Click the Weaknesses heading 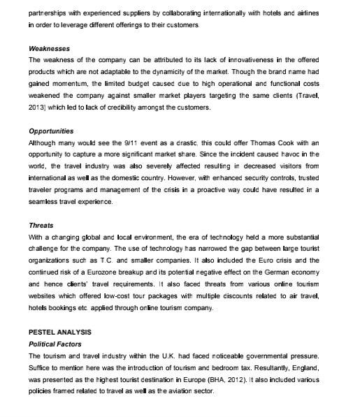coord(49,49)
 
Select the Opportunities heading coord(51,131)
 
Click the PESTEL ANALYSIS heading coord(59,332)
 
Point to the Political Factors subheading coord(55,344)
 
